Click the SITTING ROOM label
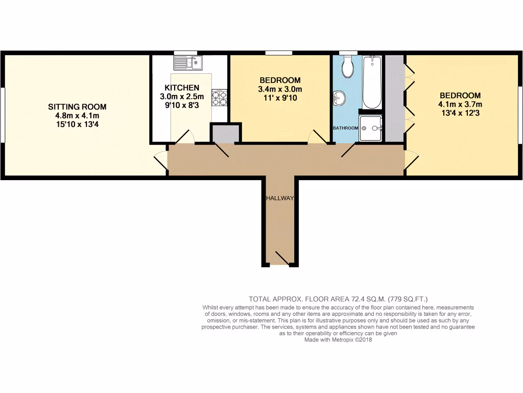point(77,107)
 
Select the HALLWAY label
point(279,198)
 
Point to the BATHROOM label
point(345,127)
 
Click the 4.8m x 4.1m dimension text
point(77,116)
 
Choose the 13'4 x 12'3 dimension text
point(460,114)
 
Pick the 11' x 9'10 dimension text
point(279,98)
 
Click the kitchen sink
point(188,62)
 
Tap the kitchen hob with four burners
point(220,98)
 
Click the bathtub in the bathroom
point(372,82)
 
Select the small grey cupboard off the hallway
point(224,133)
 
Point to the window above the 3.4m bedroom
point(279,53)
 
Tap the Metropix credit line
point(338,339)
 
